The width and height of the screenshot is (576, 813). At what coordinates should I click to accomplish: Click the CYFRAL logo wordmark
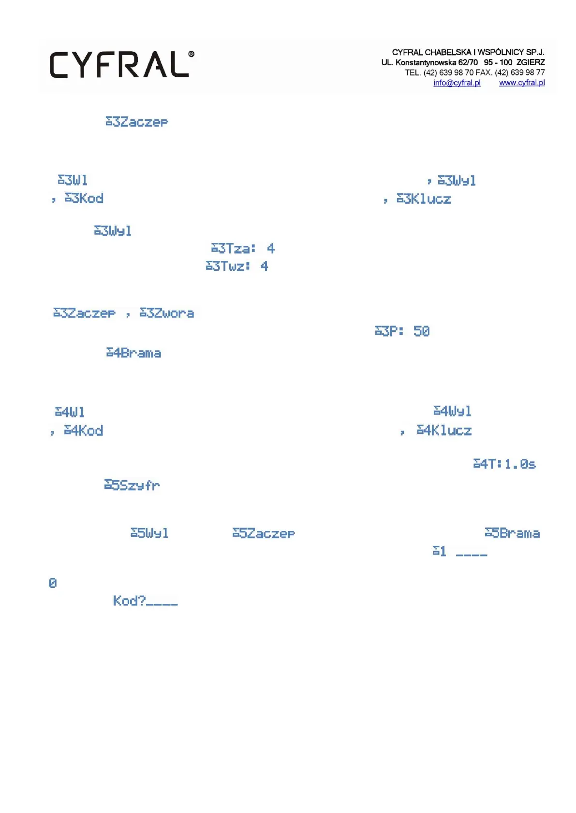point(119,65)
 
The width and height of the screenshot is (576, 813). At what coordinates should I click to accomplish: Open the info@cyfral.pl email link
point(457,83)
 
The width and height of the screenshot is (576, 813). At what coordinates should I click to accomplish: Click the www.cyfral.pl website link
point(521,83)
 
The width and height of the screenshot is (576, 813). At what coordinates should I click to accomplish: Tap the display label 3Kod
point(84,199)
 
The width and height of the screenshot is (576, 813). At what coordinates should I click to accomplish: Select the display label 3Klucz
point(424,199)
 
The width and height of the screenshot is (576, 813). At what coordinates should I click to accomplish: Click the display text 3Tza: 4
point(243,249)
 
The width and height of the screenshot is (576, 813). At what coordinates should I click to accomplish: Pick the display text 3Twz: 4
point(236,266)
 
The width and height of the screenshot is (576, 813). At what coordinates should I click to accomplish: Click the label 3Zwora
point(167,314)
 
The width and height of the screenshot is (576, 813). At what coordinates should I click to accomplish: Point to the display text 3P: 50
point(402,331)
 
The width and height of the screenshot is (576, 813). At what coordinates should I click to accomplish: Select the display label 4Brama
point(133,353)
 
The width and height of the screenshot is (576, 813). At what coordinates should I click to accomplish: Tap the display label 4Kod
point(83,431)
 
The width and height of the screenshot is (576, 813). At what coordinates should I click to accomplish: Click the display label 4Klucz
point(444,431)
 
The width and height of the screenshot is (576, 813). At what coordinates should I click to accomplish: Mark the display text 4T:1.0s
point(504,464)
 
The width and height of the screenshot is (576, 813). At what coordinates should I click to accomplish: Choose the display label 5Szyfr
point(132,485)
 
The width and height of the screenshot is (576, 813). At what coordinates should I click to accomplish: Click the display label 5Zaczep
point(264,533)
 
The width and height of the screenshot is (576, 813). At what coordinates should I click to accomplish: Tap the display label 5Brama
point(512,533)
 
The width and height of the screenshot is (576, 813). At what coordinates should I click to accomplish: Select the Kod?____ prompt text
point(145,601)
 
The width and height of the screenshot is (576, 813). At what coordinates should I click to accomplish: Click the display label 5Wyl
point(149,533)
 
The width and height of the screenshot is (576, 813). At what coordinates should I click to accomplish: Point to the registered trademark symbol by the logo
point(192,54)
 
